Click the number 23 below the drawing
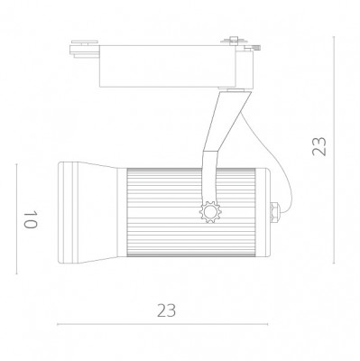point(165,310)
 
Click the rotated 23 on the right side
point(318,147)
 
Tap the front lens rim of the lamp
point(61,215)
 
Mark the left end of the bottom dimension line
point(57,323)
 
